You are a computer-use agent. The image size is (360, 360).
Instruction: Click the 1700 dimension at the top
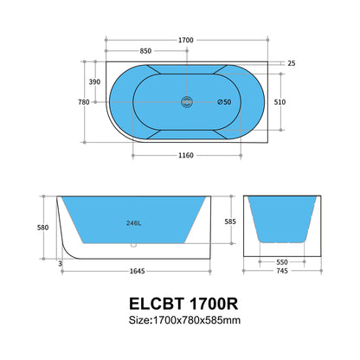186,41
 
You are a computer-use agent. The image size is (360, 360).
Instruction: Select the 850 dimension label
148,50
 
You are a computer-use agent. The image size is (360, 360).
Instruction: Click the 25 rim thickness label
291,64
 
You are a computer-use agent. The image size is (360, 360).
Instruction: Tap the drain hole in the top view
185,102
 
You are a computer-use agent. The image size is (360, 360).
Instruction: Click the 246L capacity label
134,222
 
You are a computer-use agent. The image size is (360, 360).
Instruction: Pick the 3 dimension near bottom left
61,263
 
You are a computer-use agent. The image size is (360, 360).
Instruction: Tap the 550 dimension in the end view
281,260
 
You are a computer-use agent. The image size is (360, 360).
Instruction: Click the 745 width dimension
281,272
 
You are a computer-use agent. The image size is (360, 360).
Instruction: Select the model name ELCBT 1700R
179,305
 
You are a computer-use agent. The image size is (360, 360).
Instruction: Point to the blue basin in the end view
281,218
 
